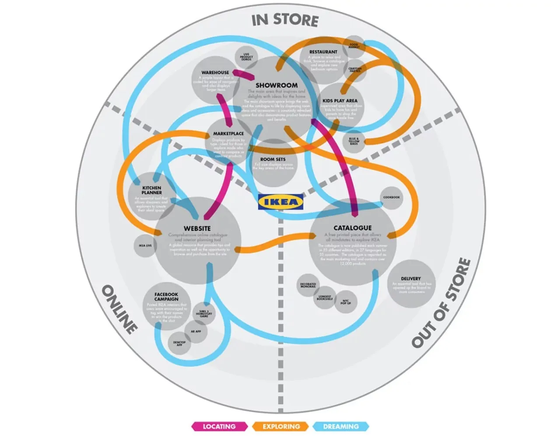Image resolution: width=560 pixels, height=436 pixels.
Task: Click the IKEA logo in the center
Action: [x=280, y=202]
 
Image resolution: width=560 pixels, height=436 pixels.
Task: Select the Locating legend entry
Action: [x=219, y=426]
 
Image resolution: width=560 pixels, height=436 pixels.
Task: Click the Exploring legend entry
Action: [x=281, y=426]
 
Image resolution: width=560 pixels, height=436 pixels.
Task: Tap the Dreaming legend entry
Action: [x=341, y=426]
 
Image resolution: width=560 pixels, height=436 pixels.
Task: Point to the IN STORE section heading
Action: [x=285, y=20]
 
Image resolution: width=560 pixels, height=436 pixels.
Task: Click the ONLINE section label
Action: [x=119, y=309]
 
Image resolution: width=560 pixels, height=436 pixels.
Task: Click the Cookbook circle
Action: [x=392, y=197]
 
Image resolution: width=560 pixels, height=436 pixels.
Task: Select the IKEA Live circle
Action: [x=145, y=246]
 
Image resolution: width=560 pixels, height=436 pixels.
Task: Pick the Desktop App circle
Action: [x=179, y=344]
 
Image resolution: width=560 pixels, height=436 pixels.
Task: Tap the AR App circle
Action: [x=196, y=331]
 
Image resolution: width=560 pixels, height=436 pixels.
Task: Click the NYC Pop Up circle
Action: [x=346, y=302]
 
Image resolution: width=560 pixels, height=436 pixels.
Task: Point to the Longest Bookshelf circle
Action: [x=325, y=298]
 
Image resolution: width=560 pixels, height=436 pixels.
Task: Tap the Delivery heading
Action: [x=410, y=278]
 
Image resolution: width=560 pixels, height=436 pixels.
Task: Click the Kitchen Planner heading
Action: [x=151, y=190]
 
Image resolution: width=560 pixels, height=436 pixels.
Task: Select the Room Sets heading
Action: [x=273, y=159]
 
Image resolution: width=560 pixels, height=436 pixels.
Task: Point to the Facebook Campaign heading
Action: [x=166, y=297]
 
